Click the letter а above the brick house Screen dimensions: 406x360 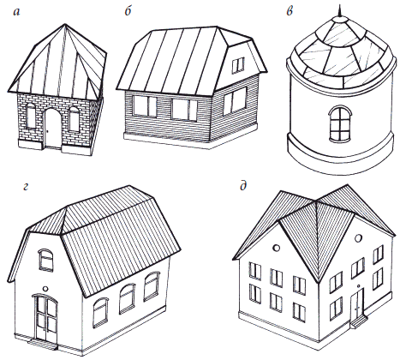pos(17,13)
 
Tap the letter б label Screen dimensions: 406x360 pos(128,11)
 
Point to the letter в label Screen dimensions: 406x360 pos(290,12)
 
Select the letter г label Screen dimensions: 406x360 pos(26,187)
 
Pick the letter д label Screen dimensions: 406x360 pos(243,187)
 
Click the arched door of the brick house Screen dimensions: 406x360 pos(53,128)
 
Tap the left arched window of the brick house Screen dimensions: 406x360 pos(31,116)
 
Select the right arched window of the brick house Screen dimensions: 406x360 pos(74,119)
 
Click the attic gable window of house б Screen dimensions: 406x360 pos(238,65)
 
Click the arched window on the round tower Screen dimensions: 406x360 pos(340,123)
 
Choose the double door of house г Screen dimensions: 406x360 pos(45,317)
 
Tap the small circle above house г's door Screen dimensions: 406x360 pos(45,289)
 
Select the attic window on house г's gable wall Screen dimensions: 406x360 pos(45,260)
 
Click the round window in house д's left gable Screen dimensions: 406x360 pos(276,248)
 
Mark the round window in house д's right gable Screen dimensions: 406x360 pos(358,237)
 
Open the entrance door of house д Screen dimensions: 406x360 pos(357,303)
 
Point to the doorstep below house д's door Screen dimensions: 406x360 pos(359,321)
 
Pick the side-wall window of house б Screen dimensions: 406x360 pos(235,101)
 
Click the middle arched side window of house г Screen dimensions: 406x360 pos(127,298)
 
